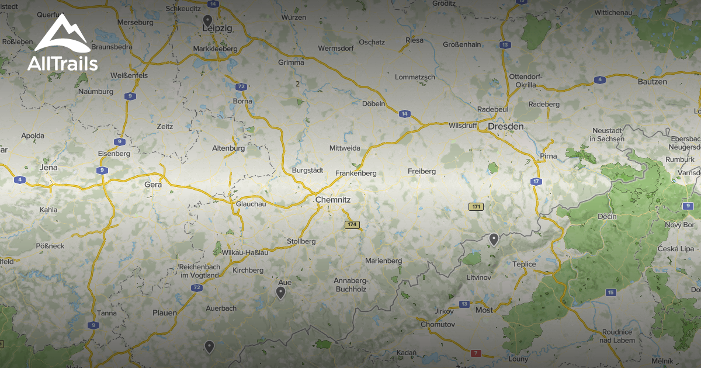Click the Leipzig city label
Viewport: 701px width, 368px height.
pyautogui.click(x=217, y=27)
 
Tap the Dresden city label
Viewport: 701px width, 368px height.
pyautogui.click(x=506, y=126)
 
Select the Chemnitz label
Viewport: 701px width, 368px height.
pyautogui.click(x=332, y=200)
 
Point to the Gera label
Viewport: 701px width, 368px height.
pyautogui.click(x=152, y=184)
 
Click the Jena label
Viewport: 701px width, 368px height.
pyautogui.click(x=48, y=167)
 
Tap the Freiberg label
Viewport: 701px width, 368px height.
pyautogui.click(x=422, y=171)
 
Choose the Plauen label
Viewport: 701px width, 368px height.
pyautogui.click(x=165, y=313)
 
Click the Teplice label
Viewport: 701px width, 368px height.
pyautogui.click(x=524, y=264)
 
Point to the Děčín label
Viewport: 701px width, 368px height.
pyautogui.click(x=607, y=216)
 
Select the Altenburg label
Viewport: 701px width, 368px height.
pyautogui.click(x=228, y=148)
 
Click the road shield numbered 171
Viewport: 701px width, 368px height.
pyautogui.click(x=476, y=207)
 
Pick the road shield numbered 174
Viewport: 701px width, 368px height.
pyautogui.click(x=352, y=224)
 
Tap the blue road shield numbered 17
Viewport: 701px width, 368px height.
pyautogui.click(x=536, y=182)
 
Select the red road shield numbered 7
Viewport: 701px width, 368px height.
pyautogui.click(x=476, y=353)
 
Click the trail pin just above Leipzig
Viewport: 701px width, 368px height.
pyautogui.click(x=207, y=20)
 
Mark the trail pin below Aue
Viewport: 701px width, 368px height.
pyautogui.click(x=280, y=292)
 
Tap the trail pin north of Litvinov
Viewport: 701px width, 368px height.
pyautogui.click(x=494, y=238)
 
